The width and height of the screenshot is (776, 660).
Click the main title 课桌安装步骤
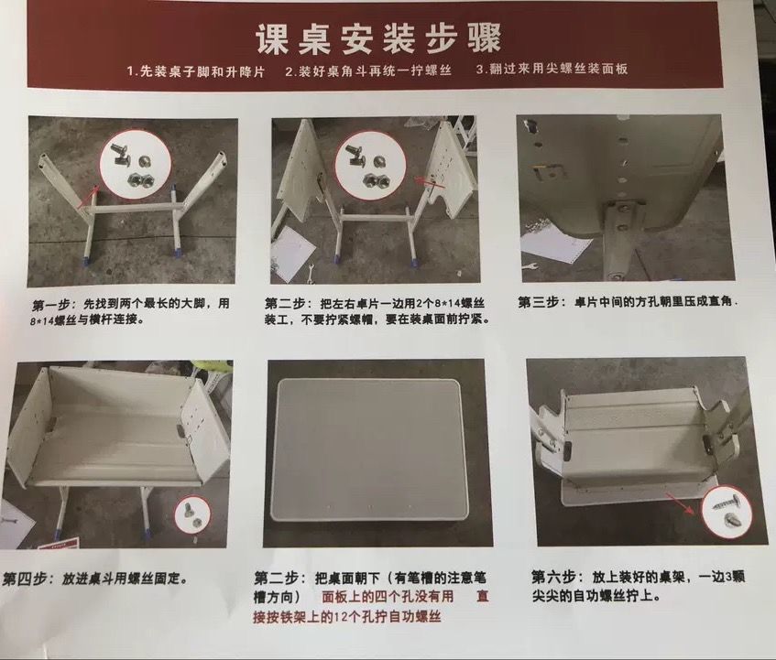click(378, 38)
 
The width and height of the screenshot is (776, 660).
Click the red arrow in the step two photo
click(427, 182)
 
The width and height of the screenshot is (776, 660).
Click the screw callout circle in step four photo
click(192, 514)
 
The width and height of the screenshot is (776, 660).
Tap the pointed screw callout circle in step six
click(727, 511)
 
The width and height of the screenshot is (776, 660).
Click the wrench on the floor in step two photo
click(310, 274)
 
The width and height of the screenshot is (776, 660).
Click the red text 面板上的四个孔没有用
click(388, 596)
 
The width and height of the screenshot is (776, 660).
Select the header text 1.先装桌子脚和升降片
click(196, 71)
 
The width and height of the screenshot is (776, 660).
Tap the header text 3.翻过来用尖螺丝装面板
click(552, 69)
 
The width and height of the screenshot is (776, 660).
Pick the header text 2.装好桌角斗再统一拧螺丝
click(368, 70)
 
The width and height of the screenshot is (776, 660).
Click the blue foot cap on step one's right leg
click(176, 251)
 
